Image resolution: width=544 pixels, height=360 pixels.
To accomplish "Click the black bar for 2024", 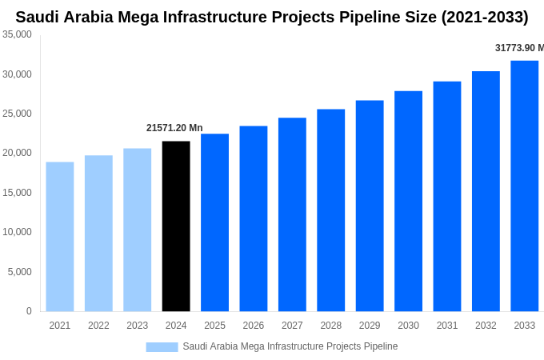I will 176,226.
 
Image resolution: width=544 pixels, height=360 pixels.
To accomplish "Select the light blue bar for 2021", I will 60,237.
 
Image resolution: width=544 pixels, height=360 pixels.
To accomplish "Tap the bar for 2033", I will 524,186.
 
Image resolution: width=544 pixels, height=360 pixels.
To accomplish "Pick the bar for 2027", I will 292,214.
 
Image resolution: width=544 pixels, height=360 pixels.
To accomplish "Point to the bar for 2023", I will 137,230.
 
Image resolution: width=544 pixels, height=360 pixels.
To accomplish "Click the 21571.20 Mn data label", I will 174,128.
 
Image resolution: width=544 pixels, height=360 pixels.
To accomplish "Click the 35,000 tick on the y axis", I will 18,34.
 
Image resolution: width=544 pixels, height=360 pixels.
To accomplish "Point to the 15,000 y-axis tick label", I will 18,193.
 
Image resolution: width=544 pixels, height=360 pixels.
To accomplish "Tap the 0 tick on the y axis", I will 29,311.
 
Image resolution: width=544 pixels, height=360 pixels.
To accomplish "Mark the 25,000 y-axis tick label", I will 18,114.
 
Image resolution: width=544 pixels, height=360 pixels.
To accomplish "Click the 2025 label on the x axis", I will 214,326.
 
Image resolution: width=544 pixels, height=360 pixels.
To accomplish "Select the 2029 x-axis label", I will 370,326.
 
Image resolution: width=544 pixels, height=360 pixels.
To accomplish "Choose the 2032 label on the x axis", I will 486,326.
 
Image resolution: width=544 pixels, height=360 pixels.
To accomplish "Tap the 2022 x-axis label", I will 98,326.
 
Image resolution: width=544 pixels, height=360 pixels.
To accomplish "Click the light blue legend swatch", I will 162,346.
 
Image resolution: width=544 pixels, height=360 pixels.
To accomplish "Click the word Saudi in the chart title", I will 38,17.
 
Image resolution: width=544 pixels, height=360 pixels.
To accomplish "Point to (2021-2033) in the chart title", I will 478,17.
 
